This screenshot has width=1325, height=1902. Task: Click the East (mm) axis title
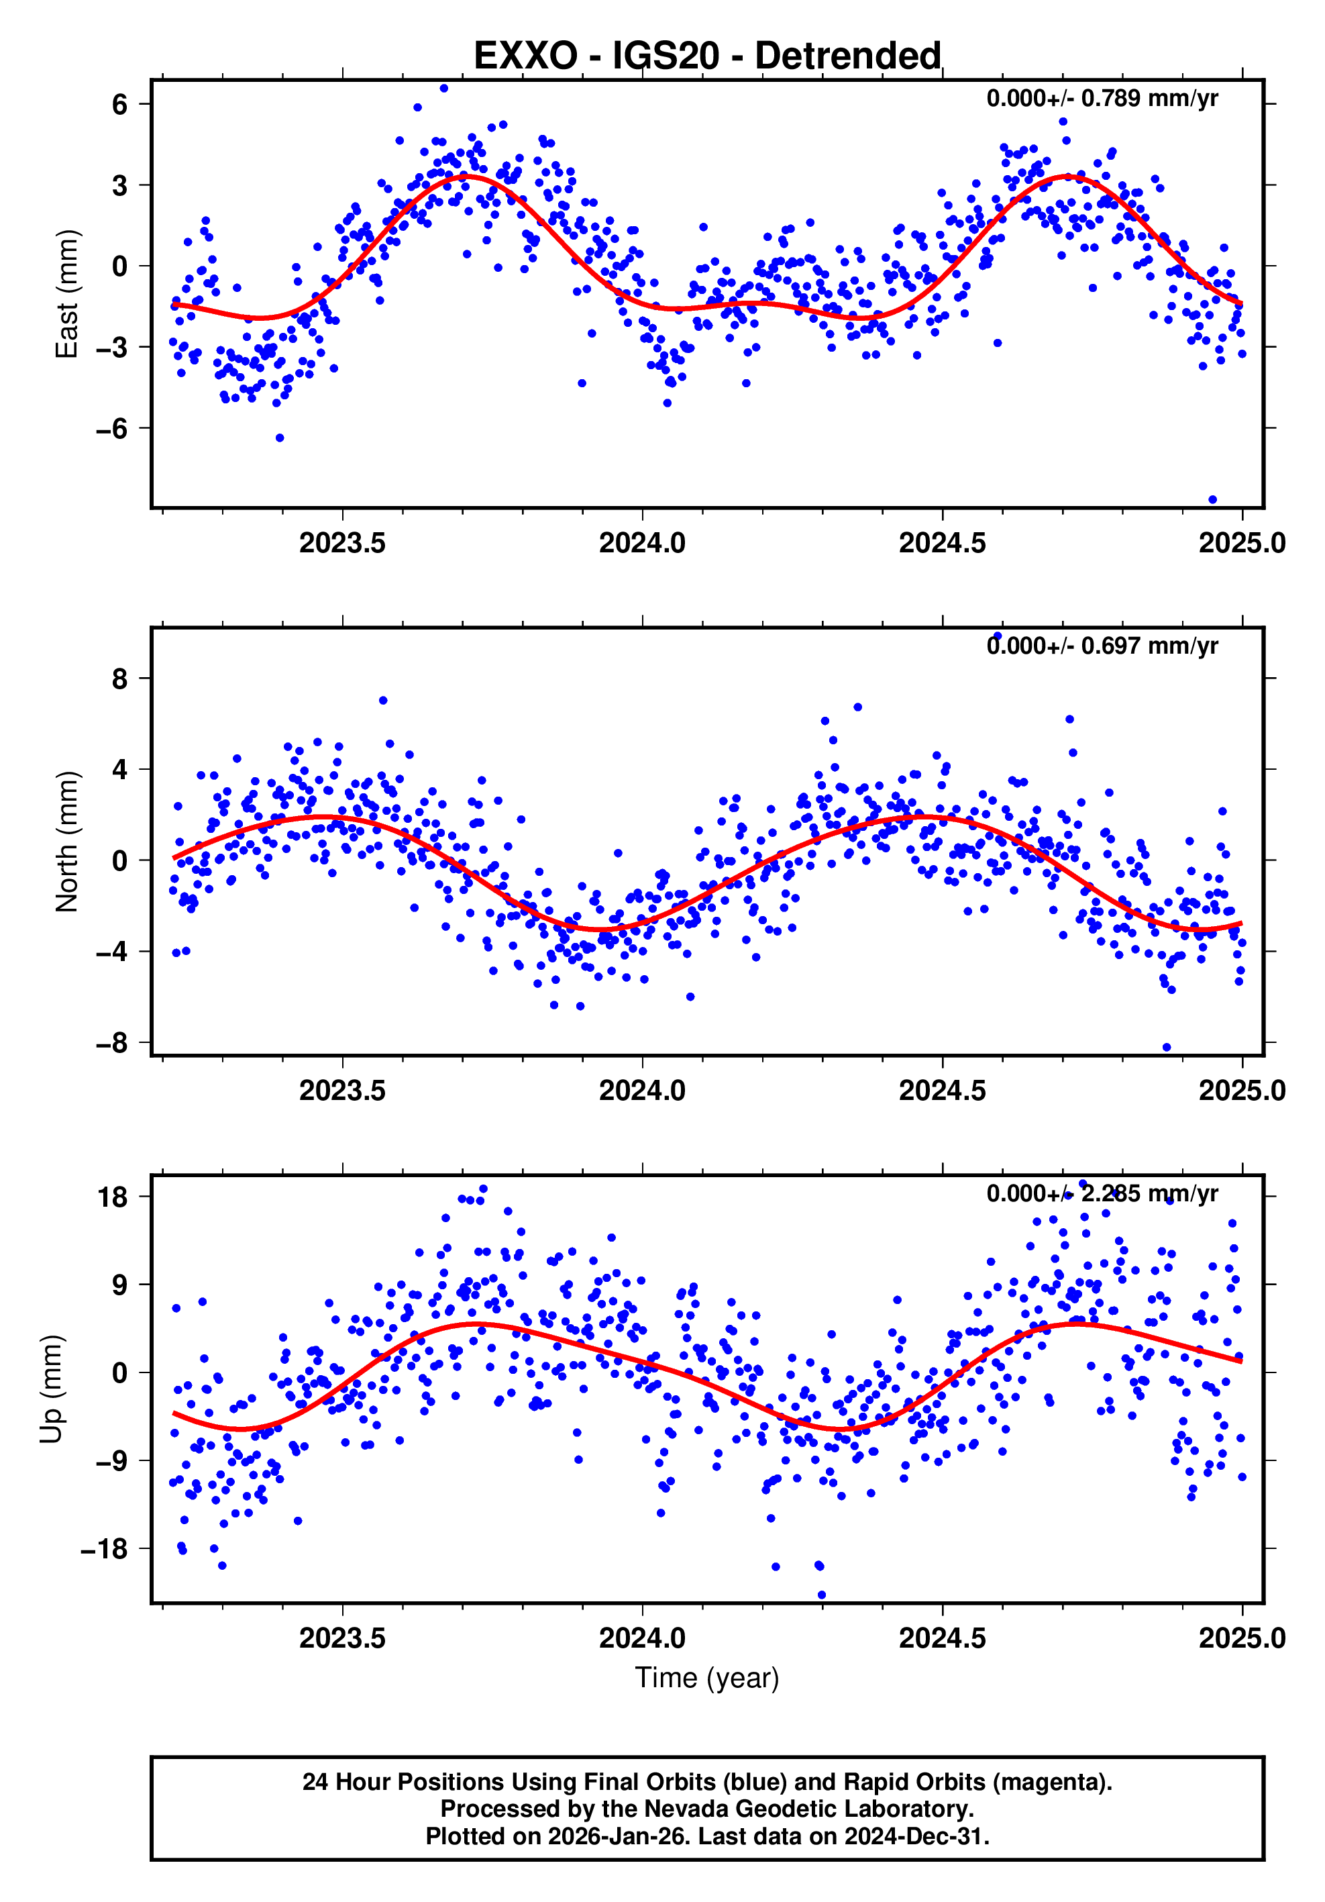(x=67, y=294)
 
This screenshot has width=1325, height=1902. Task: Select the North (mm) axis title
(x=67, y=842)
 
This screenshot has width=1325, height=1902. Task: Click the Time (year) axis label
(x=706, y=1676)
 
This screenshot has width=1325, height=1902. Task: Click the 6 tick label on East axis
(x=120, y=105)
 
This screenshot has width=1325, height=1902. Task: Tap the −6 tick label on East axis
(x=112, y=428)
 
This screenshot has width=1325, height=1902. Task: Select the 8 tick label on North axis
(x=120, y=679)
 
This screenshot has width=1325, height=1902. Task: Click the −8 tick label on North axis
(x=112, y=1043)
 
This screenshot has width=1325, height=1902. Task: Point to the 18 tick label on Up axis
(x=113, y=1197)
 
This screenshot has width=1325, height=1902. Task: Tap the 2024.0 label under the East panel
(x=642, y=544)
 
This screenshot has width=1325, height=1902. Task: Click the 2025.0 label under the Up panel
(x=1241, y=1638)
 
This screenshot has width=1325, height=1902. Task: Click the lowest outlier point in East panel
(x=1212, y=499)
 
